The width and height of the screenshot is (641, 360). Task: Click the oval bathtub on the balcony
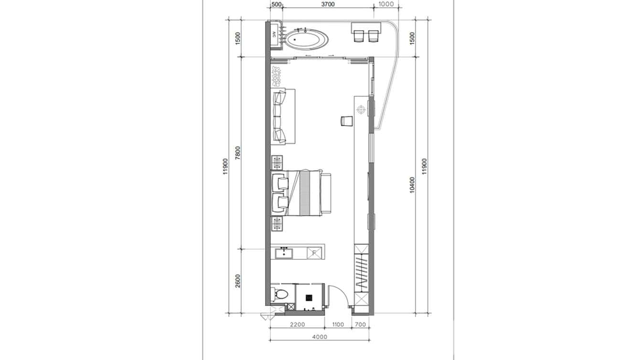(x=307, y=39)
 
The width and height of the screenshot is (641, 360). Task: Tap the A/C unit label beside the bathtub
(x=274, y=34)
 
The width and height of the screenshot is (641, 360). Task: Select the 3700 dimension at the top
(x=328, y=4)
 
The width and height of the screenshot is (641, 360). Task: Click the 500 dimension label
(x=277, y=4)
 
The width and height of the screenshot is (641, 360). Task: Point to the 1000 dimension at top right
(x=385, y=4)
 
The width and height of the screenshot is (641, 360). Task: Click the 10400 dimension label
(x=412, y=185)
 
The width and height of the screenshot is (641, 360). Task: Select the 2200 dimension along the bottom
(x=297, y=325)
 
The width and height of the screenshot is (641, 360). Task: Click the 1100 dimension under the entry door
(x=337, y=325)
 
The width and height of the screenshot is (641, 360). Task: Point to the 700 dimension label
(x=361, y=325)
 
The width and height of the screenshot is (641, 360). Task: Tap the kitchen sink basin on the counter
(x=285, y=252)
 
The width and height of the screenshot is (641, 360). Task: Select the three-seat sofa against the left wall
(x=280, y=116)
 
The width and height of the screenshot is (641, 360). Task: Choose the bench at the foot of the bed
(x=327, y=193)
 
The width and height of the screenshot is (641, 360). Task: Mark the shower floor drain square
(x=309, y=297)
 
